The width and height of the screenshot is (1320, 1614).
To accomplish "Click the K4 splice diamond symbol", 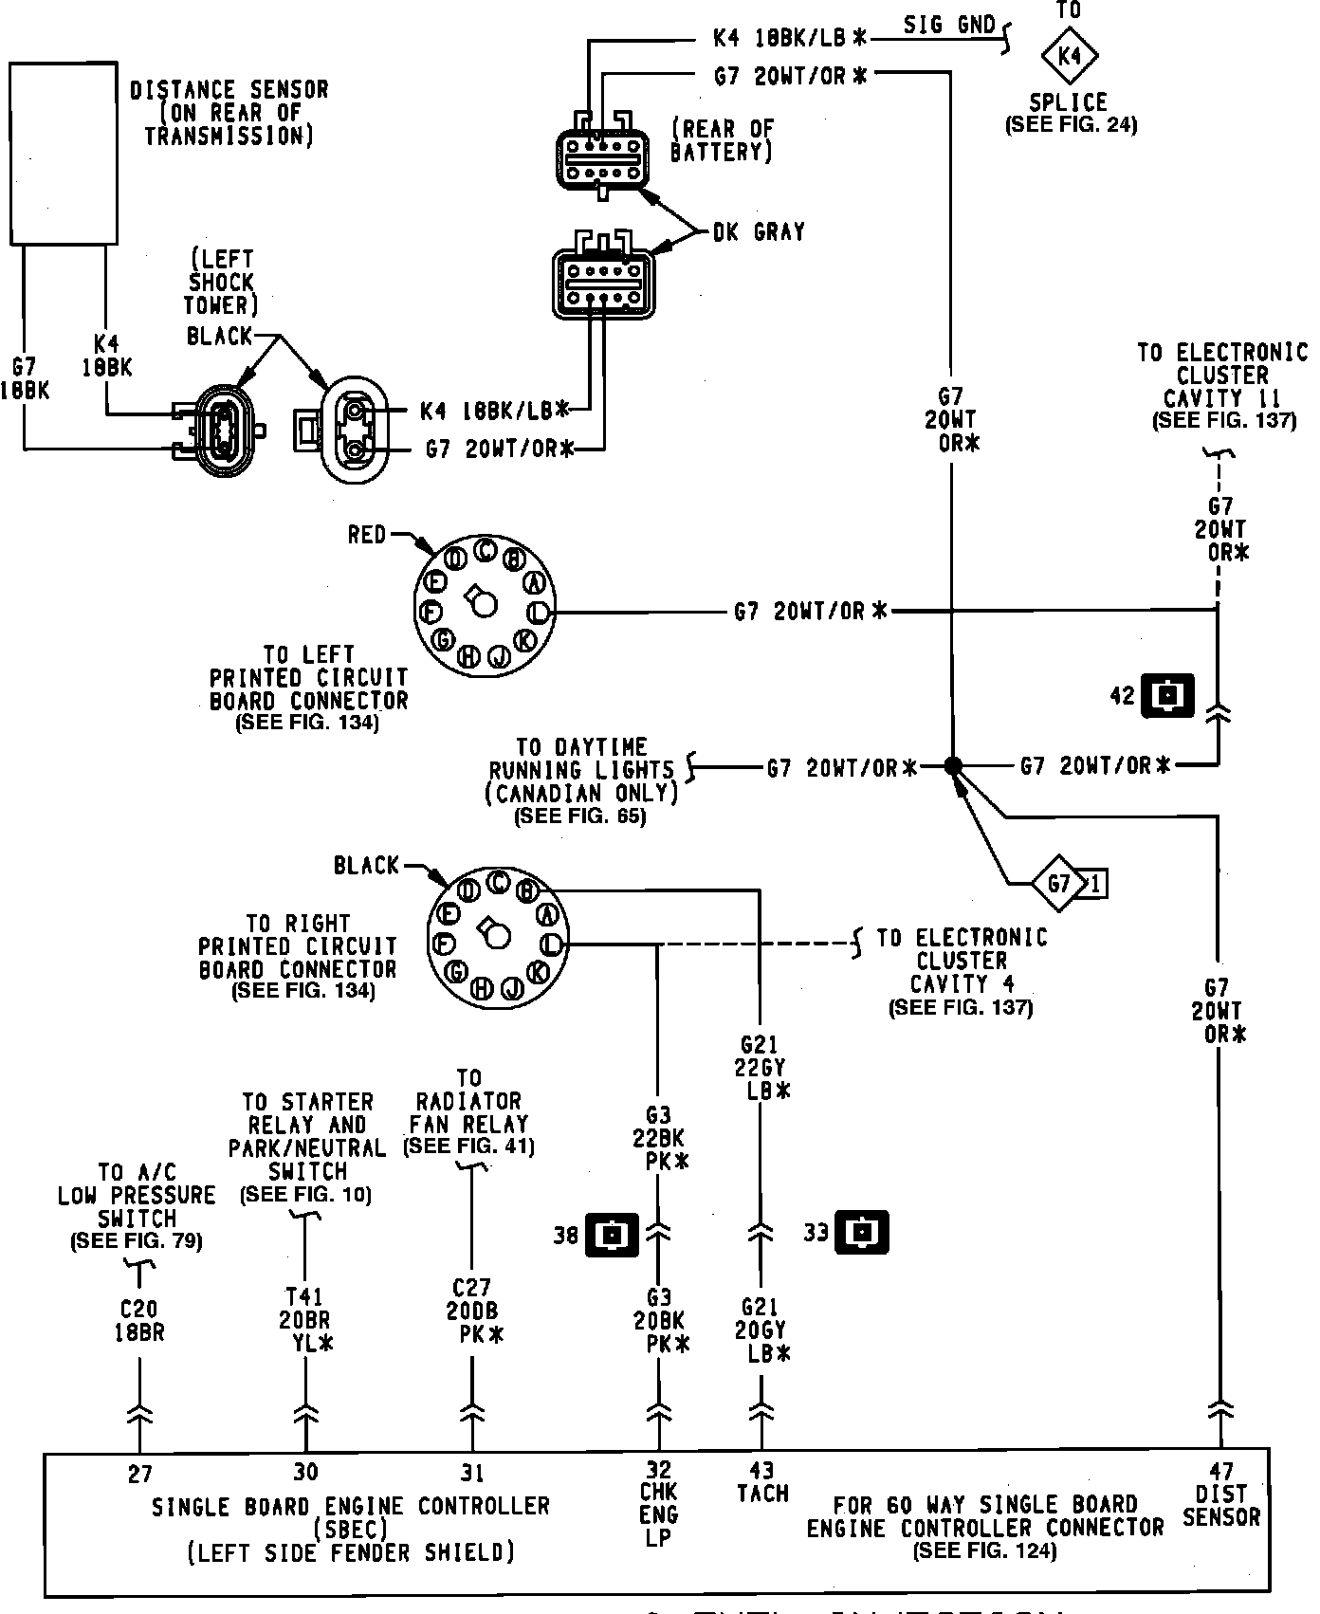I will [x=1069, y=56].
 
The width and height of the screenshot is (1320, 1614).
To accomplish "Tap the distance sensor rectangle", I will [x=64, y=153].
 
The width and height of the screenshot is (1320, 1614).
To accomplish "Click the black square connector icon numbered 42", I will [x=1167, y=696].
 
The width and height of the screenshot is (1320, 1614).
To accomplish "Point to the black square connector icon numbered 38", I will [x=613, y=1234].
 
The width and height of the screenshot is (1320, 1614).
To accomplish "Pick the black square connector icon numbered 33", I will [x=861, y=1233].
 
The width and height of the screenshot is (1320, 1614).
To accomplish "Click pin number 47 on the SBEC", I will [x=1221, y=1472].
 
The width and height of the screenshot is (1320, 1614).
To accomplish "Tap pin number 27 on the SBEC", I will [x=139, y=1475].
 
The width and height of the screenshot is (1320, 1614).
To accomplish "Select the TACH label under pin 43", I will [x=762, y=1494].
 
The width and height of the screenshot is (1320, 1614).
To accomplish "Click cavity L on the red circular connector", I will [x=538, y=613].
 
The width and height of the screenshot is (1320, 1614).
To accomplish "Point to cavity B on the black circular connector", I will [x=527, y=890].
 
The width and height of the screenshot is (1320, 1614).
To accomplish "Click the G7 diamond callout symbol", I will [x=1059, y=885].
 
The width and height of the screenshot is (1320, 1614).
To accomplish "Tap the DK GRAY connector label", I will [x=759, y=231].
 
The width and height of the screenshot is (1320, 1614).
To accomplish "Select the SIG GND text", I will [x=949, y=25].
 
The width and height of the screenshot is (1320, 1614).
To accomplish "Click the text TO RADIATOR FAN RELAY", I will [x=469, y=1112].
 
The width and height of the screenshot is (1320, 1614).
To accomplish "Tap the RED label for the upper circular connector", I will [x=367, y=535].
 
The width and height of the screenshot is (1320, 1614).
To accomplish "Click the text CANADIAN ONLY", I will [x=582, y=792].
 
